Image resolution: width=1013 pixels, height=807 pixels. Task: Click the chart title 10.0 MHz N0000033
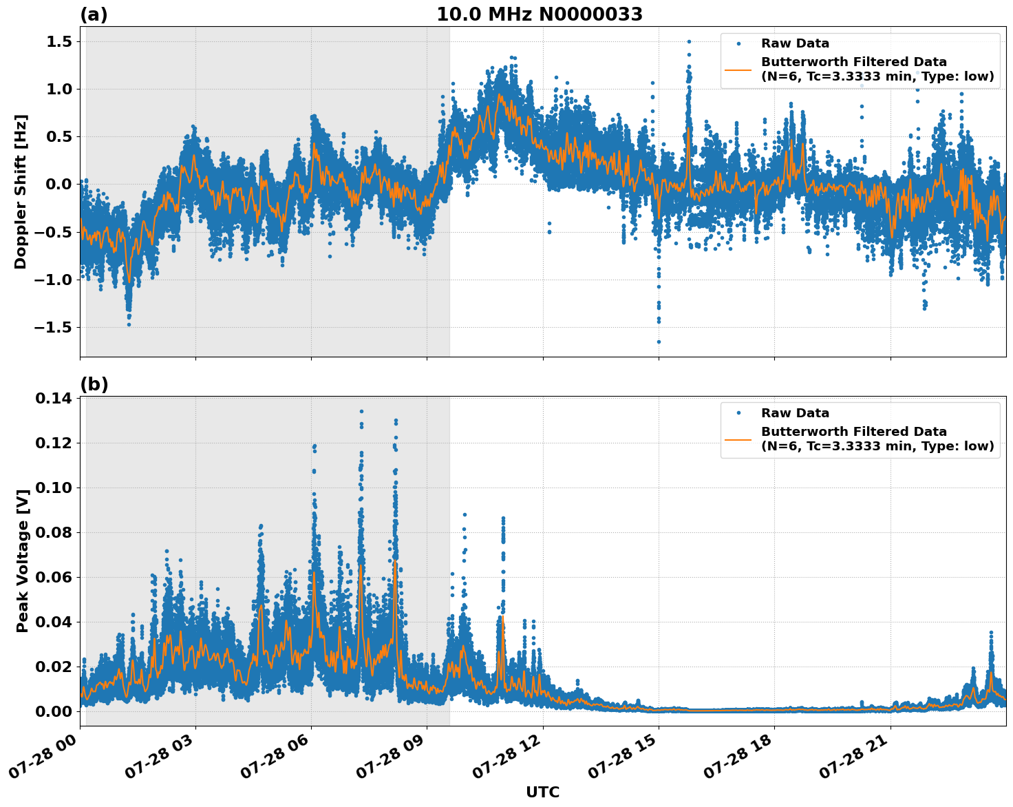[540, 14]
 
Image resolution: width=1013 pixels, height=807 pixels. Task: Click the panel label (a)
[94, 14]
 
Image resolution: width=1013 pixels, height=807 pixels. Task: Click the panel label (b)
[94, 384]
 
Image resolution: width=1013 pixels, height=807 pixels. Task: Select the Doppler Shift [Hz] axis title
[21, 191]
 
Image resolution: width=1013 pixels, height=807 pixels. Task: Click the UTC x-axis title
[542, 792]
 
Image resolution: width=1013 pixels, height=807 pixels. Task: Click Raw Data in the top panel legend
[795, 43]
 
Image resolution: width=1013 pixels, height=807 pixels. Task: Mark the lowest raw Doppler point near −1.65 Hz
[659, 342]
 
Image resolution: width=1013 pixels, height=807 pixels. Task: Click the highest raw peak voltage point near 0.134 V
[361, 411]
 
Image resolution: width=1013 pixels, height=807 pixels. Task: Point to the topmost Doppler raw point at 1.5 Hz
[688, 41]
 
